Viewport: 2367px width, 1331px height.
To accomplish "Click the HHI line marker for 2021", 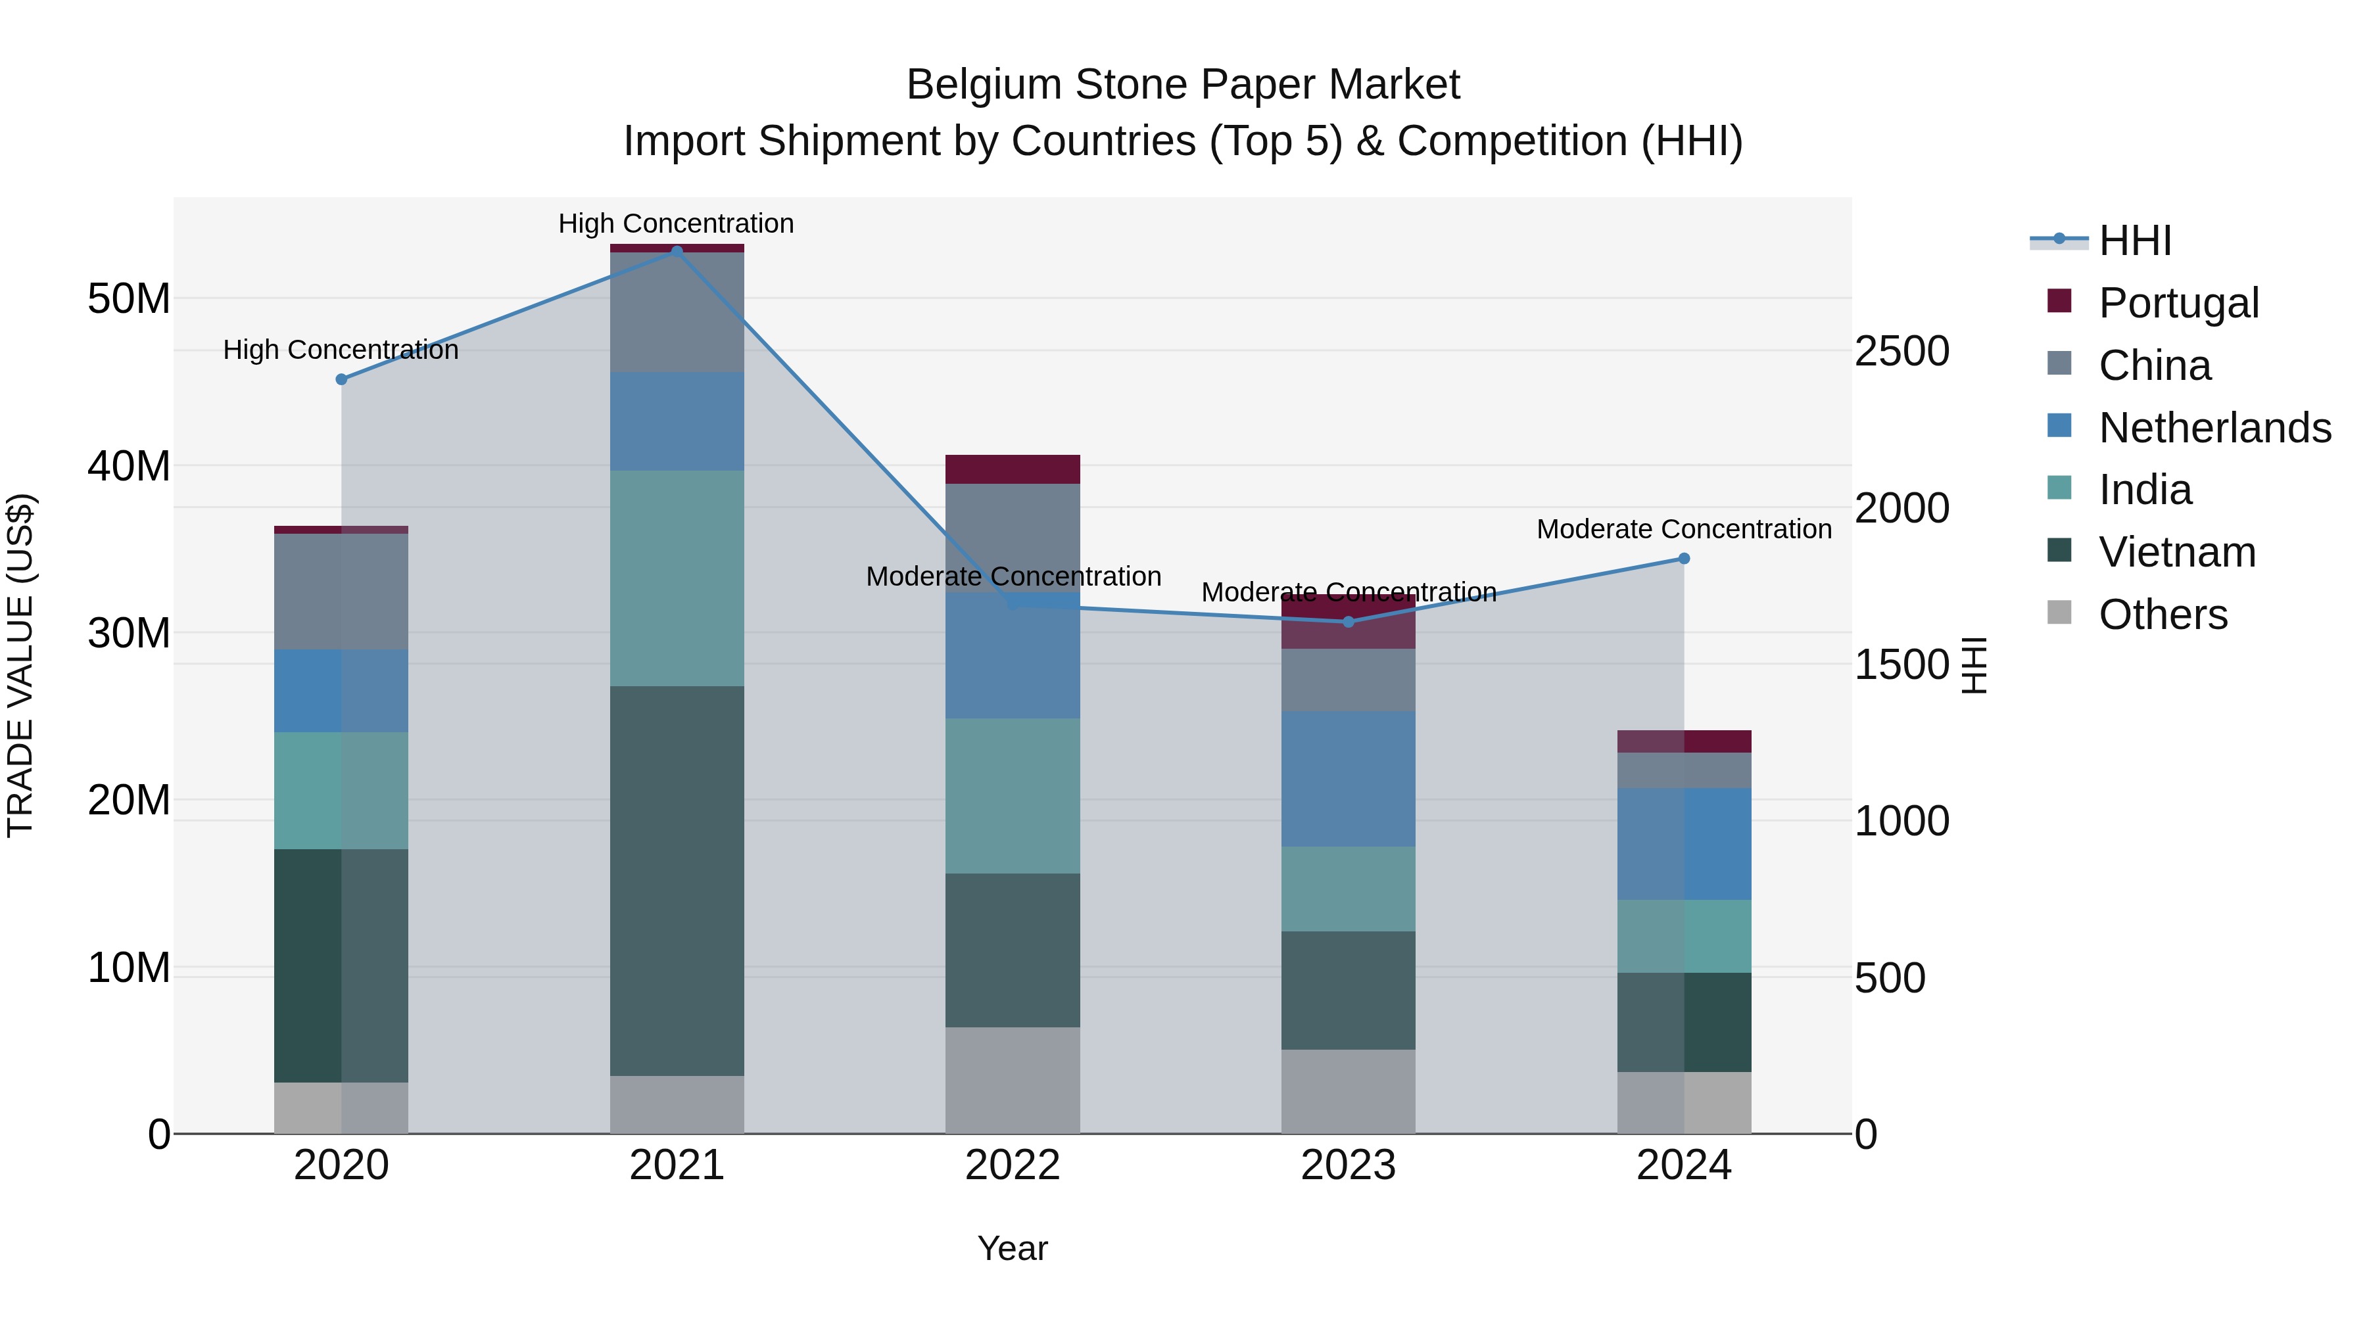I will click(x=677, y=251).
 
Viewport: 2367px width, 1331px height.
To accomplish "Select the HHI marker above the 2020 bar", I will click(x=342, y=379).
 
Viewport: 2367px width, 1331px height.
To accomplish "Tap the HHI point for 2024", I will click(x=1685, y=559).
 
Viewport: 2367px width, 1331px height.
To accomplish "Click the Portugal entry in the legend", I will click(x=2178, y=303).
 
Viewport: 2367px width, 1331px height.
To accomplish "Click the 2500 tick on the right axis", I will click(x=1901, y=351).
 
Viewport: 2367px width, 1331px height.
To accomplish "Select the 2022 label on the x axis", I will click(x=1013, y=1165).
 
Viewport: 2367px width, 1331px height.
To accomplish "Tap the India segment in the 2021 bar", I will click(x=677, y=578).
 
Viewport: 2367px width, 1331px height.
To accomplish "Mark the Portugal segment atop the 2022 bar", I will click(x=1013, y=469).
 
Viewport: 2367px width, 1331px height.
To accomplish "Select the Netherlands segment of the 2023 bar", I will click(x=1348, y=779).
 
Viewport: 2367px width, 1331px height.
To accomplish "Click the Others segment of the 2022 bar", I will click(x=1013, y=1080).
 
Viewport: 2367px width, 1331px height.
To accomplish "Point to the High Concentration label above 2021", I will click(x=677, y=223).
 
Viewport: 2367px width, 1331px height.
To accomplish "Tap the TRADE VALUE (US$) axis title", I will click(x=20, y=665).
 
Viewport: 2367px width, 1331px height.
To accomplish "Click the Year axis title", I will click(x=1013, y=1248).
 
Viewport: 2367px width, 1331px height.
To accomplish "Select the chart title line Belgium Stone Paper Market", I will click(x=1183, y=85).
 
